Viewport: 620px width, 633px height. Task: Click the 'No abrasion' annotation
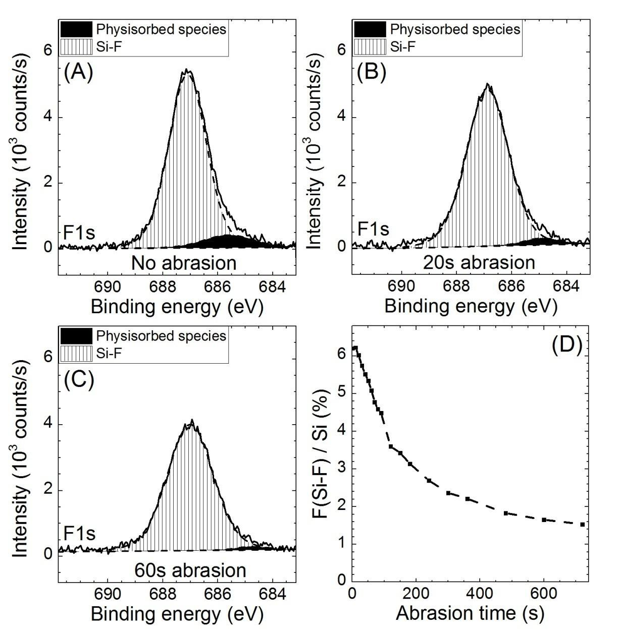pos(184,263)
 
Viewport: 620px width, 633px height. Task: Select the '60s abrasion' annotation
pos(190,570)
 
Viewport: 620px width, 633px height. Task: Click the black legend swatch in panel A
pos(76,29)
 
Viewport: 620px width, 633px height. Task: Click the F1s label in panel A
pos(79,233)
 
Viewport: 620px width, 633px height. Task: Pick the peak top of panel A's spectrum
pos(187,70)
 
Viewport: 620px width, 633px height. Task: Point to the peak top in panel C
pos(192,420)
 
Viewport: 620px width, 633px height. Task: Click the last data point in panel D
pos(582,525)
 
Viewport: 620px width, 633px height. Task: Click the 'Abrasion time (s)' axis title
pos(470,613)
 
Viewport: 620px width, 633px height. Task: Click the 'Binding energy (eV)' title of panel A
pos(177,307)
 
